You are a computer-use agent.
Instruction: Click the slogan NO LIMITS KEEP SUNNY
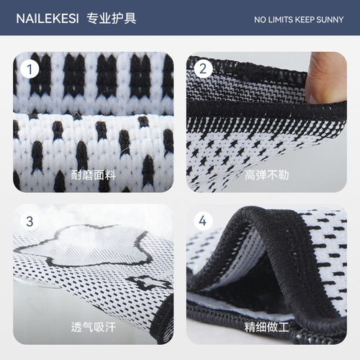coord(299,19)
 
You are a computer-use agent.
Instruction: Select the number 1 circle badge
coord(30,70)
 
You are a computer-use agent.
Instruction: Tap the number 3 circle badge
coord(30,221)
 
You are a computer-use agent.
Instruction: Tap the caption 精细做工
coord(266,325)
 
